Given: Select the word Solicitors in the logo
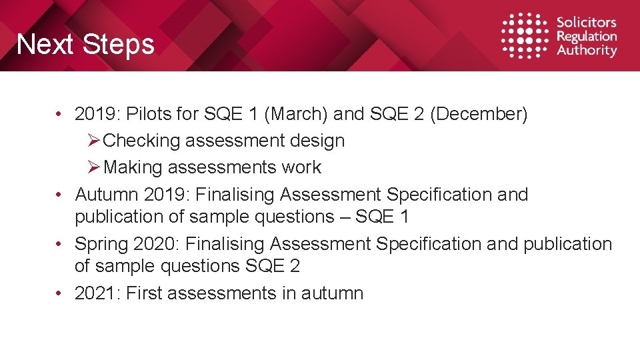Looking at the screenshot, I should click(587, 23).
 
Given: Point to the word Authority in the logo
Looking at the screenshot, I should click(587, 51).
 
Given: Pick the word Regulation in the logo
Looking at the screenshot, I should click(587, 37).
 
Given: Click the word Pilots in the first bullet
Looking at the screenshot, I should click(149, 114).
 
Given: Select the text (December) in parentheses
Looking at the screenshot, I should click(479, 114).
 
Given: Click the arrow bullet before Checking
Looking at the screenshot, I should click(94, 141).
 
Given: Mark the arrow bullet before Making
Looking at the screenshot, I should click(94, 167).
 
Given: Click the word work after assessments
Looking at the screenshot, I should click(301, 167).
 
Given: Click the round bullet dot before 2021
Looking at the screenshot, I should click(59, 293).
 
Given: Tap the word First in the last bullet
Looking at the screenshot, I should click(145, 293).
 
